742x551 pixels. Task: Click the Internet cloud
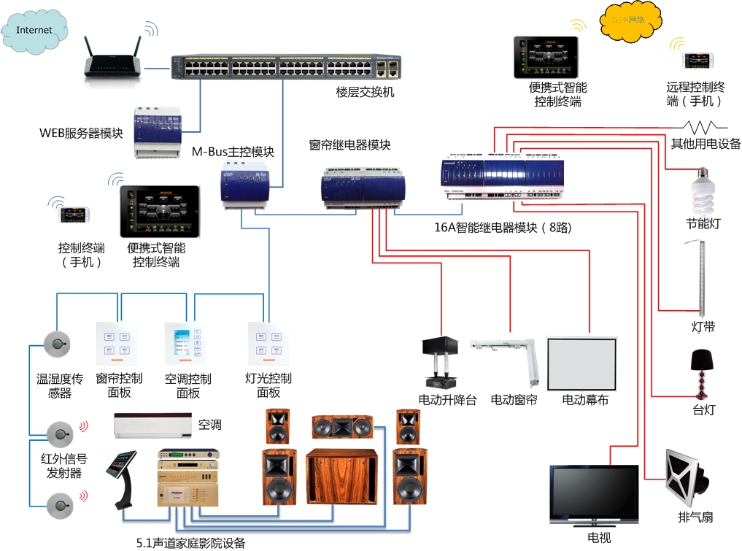pos(34,30)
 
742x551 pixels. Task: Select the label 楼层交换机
pos(365,93)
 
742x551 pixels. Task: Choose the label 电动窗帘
pos(514,400)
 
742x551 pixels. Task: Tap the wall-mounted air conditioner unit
pos(152,425)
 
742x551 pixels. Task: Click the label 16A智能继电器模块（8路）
pos(503,228)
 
